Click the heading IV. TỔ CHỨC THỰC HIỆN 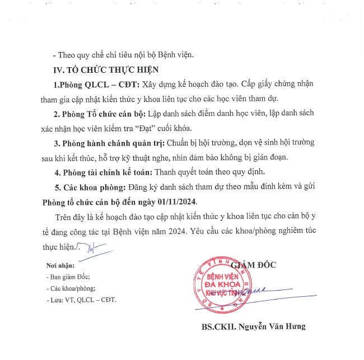pyautogui.click(x=106, y=70)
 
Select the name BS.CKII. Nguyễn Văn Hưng pyautogui.click(x=254, y=326)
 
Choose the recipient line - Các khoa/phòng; pyautogui.click(x=71, y=288)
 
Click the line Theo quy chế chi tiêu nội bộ pyautogui.click(x=123, y=55)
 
